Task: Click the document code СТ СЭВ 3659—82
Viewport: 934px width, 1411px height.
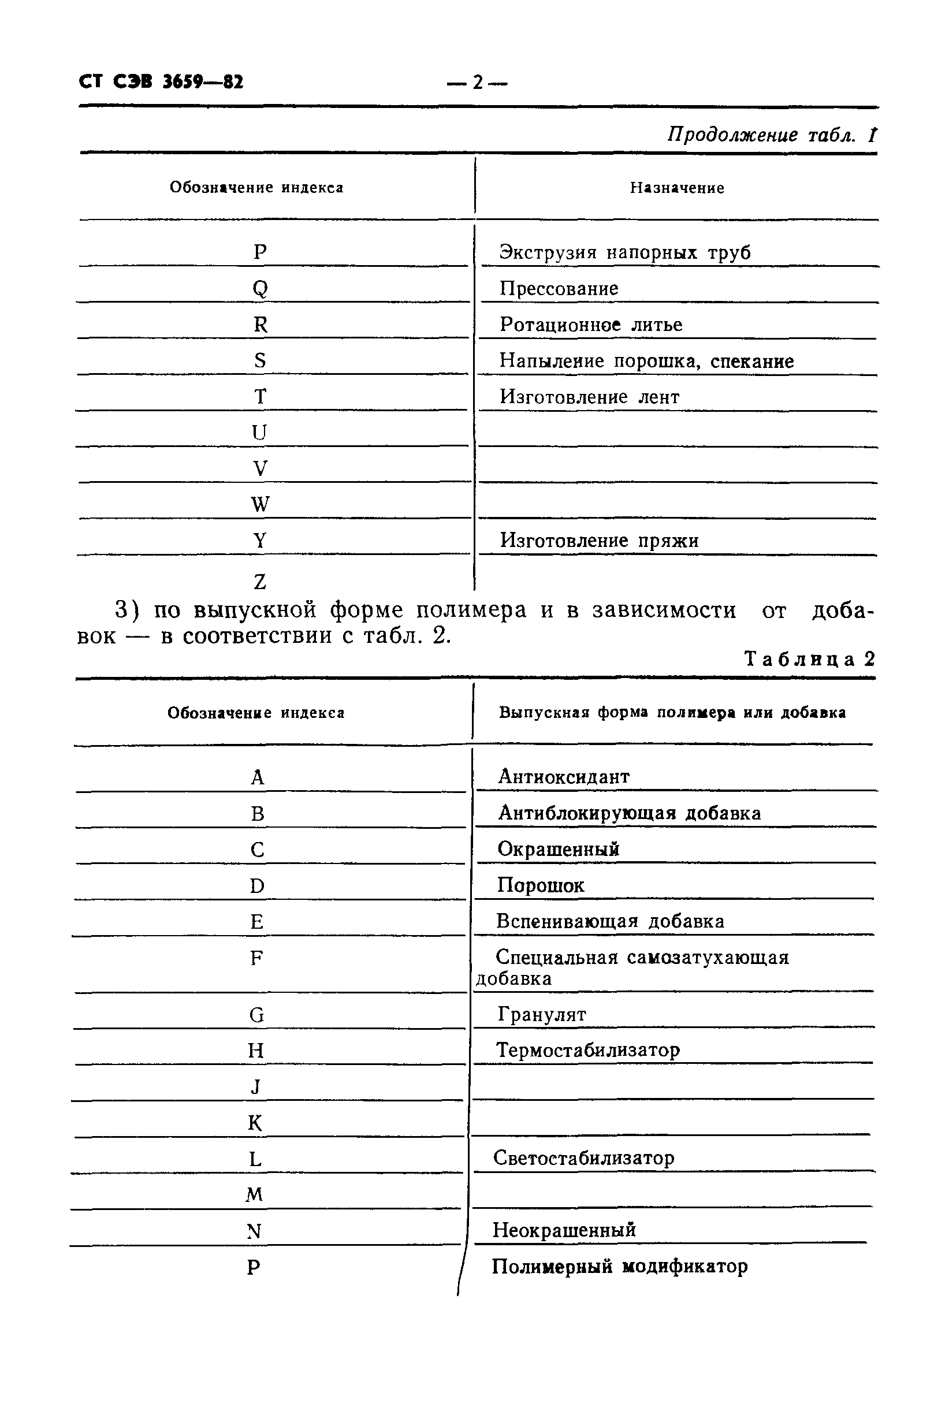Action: [161, 81]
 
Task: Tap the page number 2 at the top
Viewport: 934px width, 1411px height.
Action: [477, 83]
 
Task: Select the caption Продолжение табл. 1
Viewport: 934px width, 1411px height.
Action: [771, 135]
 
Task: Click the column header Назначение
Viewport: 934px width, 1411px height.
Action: [677, 188]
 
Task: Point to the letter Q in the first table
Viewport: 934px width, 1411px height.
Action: [261, 288]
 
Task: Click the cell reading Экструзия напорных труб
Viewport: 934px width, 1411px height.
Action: [624, 252]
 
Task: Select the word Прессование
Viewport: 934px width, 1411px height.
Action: [558, 288]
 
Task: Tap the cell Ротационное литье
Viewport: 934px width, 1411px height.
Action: [590, 325]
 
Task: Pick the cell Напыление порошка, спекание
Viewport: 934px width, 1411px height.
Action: [646, 361]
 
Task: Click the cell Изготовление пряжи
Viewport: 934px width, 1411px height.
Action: [598, 540]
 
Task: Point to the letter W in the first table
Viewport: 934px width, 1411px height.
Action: [261, 504]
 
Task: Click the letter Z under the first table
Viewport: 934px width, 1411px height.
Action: [260, 581]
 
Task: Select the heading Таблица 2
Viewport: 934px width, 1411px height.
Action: [809, 659]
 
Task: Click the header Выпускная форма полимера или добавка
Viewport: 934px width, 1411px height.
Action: [672, 712]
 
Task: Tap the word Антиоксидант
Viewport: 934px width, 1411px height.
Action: [563, 777]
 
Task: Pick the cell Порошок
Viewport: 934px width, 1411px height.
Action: [540, 885]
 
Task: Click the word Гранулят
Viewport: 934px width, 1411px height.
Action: [541, 1014]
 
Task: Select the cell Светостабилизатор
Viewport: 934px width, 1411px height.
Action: [583, 1158]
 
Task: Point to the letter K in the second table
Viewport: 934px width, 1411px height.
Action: [255, 1123]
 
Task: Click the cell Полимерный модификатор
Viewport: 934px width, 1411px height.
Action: [619, 1266]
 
